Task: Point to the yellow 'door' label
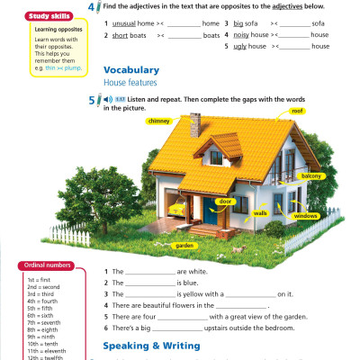(x=225, y=202)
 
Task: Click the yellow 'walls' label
(x=261, y=213)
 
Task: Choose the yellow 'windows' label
(x=305, y=216)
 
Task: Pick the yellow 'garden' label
(x=184, y=245)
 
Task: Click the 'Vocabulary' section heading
(x=131, y=69)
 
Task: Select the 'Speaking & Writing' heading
(x=148, y=345)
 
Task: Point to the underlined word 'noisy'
(x=244, y=34)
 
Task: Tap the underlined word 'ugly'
(x=241, y=46)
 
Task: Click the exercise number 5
(x=94, y=99)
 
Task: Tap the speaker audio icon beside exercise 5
(x=107, y=98)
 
